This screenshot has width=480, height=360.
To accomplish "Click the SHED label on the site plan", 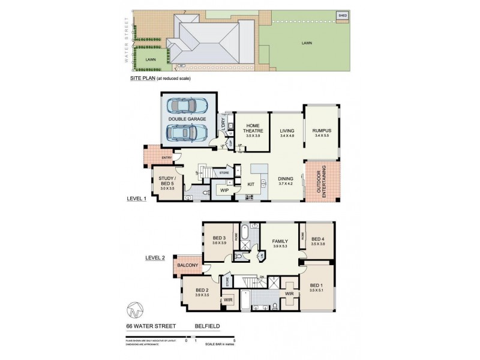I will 343,16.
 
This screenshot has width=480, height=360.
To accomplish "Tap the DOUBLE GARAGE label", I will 187,119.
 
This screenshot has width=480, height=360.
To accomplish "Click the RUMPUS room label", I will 322,131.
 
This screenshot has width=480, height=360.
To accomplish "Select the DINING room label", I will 285,178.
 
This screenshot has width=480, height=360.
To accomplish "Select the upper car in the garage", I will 187,106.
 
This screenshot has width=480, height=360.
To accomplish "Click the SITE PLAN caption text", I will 143,78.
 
